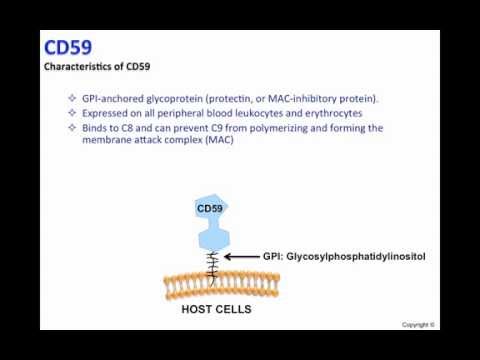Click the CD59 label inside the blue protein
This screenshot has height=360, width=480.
point(210,208)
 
